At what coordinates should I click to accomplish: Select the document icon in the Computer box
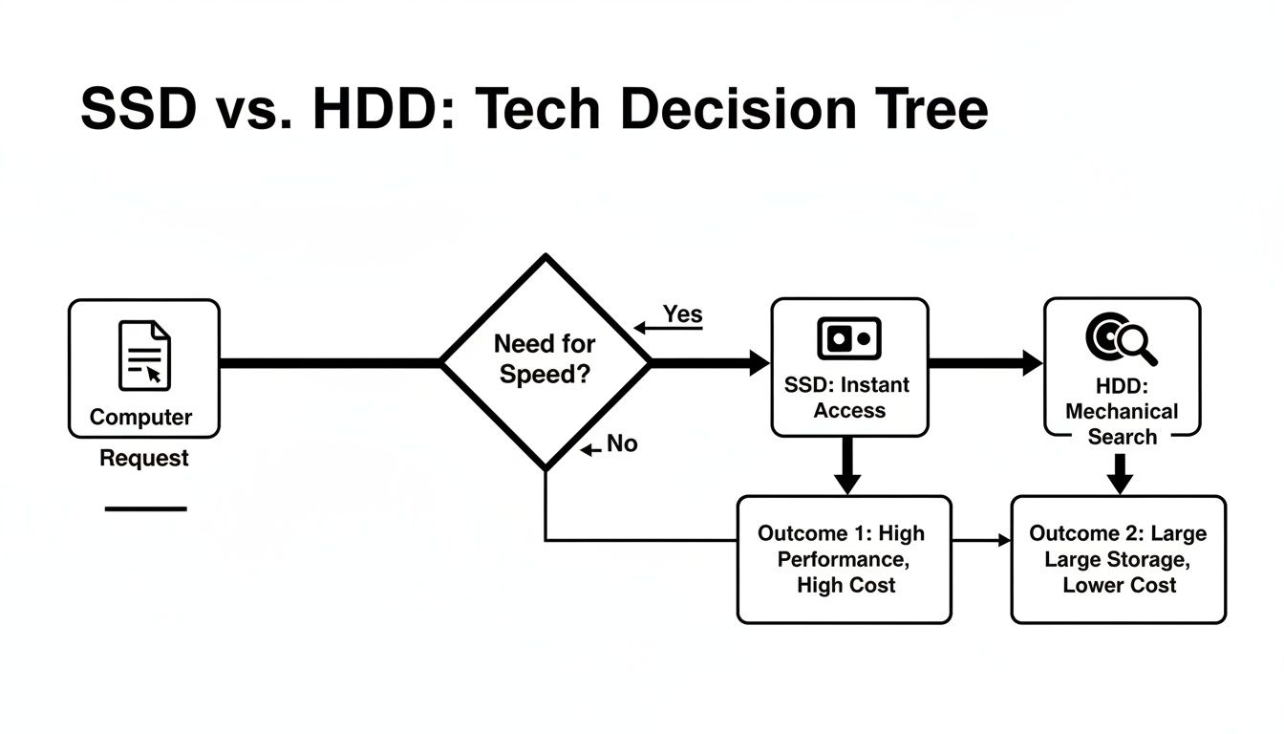coord(144,356)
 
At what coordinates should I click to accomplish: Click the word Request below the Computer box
coord(144,458)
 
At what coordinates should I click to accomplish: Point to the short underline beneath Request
coord(145,508)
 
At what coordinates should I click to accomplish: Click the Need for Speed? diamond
coord(546,361)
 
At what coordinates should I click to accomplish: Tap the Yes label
coord(682,314)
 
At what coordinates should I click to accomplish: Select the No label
coord(622,444)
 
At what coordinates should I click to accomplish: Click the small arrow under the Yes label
coord(640,329)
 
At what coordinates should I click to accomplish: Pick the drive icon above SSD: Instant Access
coord(849,338)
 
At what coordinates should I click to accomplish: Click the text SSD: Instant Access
coord(847,398)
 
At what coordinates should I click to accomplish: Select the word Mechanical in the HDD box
coord(1122,412)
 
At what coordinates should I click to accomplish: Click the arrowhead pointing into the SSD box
coord(760,362)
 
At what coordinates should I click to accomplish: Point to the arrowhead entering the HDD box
coord(1033,362)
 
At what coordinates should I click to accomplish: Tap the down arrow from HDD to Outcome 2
coord(1121,475)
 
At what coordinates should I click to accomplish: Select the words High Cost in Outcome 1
coord(845,585)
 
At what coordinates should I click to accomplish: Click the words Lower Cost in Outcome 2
coord(1119,585)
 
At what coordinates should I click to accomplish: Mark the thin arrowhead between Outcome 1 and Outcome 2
coord(1004,541)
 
